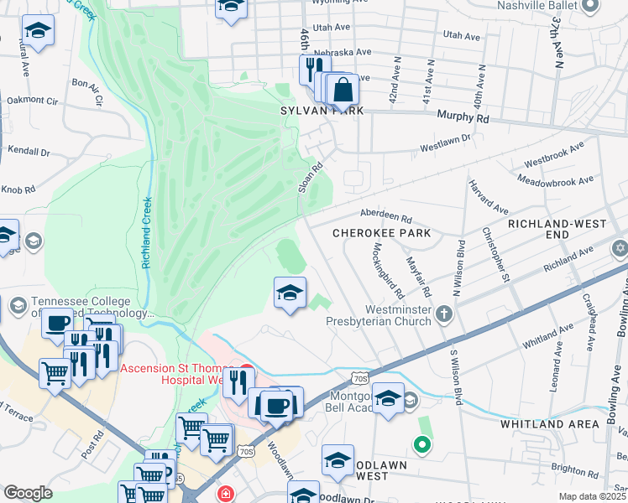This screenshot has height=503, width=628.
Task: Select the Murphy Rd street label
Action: point(469,119)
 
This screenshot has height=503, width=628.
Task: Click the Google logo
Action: point(28,493)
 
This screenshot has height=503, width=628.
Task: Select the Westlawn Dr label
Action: point(446,142)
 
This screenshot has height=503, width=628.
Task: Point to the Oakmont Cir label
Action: point(31,100)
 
